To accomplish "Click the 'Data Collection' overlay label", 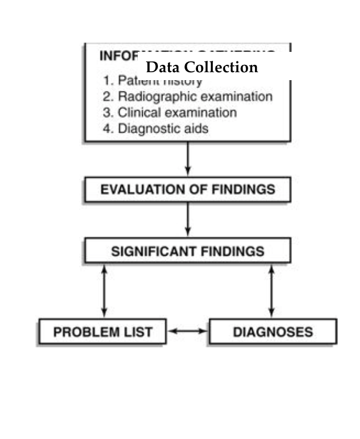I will coord(201,67).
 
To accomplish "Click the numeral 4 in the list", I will coord(107,129).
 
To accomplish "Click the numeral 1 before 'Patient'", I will coord(107,80).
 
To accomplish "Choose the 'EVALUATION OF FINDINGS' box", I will coord(187,190).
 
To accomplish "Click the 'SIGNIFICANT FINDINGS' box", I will coord(187,251).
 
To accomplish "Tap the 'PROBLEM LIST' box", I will coord(103,331).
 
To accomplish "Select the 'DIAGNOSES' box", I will coord(273,331).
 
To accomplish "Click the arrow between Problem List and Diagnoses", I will coord(188,331).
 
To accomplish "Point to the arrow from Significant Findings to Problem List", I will coord(104,291).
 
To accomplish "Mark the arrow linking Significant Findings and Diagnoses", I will coord(271,291).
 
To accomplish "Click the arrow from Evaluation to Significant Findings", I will coord(187,219).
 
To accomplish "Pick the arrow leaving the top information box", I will coord(188,159).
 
